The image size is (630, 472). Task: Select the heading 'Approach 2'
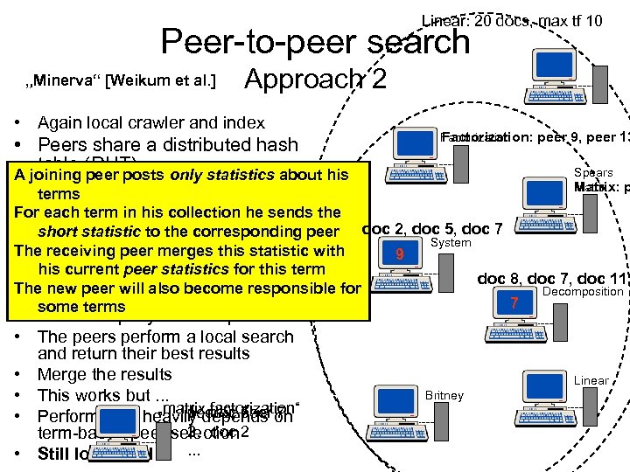[315, 80]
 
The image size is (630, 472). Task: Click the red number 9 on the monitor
[399, 254]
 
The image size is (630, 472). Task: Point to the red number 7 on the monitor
[514, 303]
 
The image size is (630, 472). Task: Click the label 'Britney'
[444, 395]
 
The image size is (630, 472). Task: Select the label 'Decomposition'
[583, 291]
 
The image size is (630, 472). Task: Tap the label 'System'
[451, 242]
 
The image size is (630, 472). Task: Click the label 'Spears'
[593, 173]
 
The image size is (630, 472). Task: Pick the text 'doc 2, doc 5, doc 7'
[431, 229]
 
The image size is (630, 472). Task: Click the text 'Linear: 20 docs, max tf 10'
[512, 20]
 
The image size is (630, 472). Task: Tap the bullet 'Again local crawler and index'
[150, 123]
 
